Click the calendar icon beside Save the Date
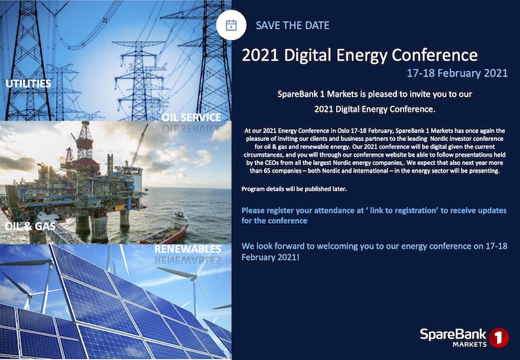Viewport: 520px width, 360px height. [231, 25]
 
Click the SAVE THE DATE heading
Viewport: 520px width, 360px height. [292, 25]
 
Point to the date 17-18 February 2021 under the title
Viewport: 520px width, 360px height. [457, 72]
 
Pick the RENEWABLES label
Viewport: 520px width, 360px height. [188, 248]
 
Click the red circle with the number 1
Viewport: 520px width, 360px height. [499, 337]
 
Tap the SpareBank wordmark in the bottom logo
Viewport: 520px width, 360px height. [451, 334]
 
